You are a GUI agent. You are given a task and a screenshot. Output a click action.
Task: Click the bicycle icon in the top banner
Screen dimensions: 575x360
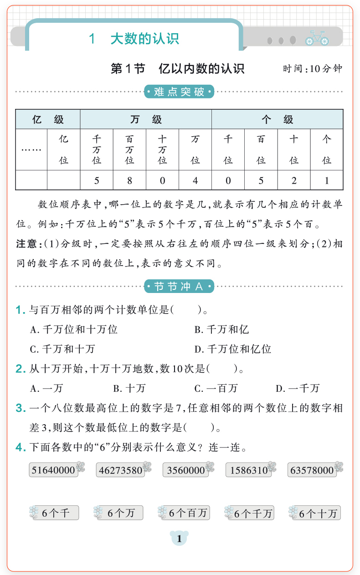(317, 38)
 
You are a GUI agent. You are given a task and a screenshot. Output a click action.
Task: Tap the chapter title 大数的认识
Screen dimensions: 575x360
(144, 39)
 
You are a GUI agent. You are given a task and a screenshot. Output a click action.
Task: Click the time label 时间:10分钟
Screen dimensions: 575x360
(312, 69)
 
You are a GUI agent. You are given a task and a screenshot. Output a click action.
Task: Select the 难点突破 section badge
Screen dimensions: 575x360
(179, 92)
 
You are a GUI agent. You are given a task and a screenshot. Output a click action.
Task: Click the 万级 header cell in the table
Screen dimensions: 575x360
(146, 120)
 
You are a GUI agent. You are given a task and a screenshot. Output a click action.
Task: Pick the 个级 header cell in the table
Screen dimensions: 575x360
(277, 120)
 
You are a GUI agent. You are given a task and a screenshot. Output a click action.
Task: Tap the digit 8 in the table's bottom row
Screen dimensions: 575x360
(129, 180)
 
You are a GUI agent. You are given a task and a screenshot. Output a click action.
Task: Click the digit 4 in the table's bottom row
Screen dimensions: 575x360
(195, 180)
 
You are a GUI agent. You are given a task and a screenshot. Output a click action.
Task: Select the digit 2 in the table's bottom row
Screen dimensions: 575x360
(294, 180)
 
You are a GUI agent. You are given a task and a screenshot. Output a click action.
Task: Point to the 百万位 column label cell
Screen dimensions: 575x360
(129, 149)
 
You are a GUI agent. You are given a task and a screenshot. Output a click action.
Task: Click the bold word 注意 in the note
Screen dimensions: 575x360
(26, 244)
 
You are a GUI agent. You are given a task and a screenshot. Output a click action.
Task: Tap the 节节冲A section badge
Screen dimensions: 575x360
(179, 287)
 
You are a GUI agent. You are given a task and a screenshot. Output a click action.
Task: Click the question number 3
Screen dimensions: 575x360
(20, 408)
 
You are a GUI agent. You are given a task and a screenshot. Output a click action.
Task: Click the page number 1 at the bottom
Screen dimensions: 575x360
(180, 539)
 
